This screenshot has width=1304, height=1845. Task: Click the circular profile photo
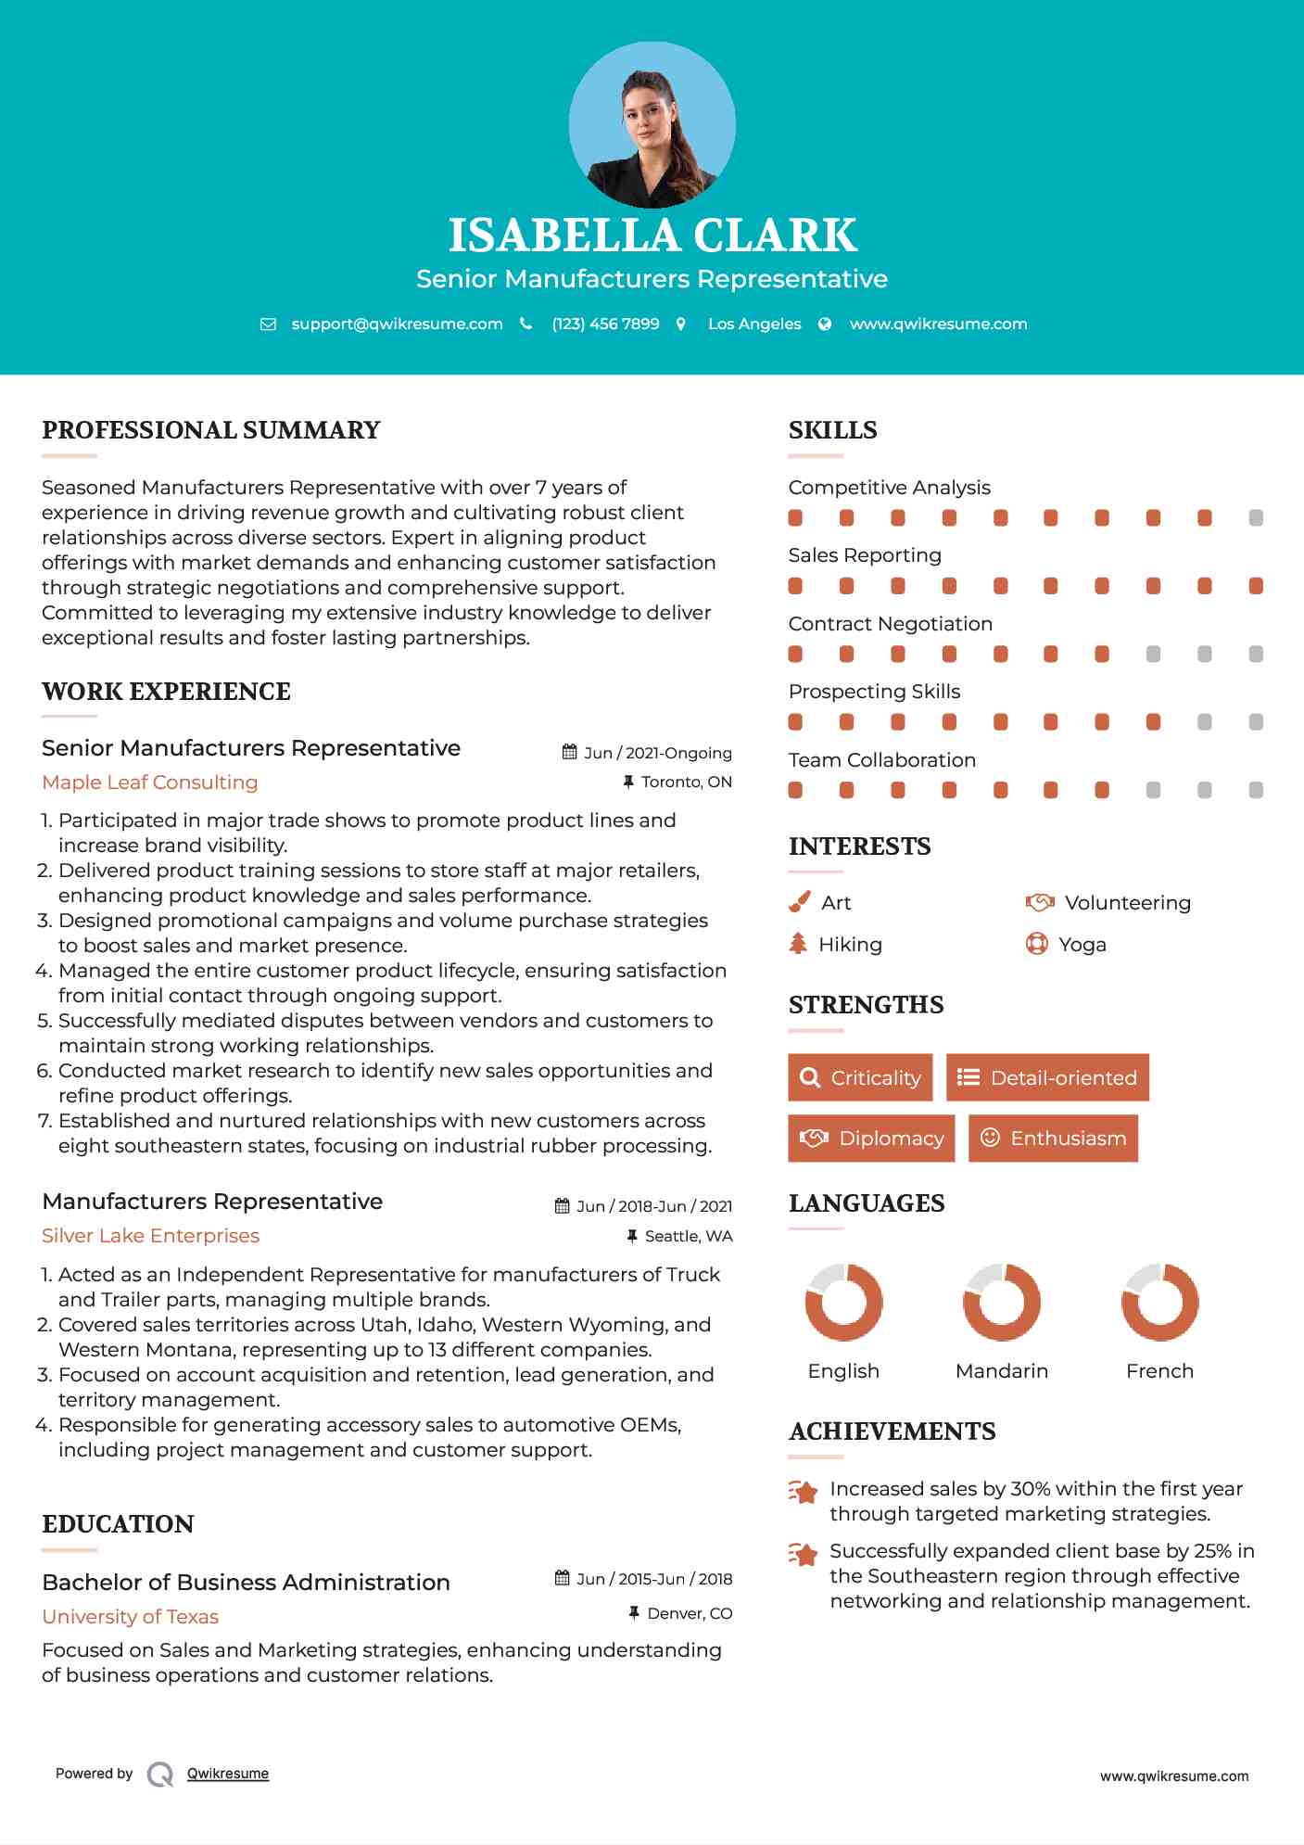652,124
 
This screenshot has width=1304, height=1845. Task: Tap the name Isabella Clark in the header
652,235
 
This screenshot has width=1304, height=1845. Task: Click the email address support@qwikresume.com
397,324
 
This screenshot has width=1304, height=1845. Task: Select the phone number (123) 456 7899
605,324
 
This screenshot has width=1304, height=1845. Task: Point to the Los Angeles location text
754,324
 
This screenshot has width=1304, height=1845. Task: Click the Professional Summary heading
211,430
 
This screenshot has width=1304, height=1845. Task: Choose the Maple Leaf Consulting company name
150,783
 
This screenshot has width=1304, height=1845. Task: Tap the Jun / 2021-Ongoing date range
657,753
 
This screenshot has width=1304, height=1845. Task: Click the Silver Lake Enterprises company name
150,1236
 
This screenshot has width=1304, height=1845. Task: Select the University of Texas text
131,1617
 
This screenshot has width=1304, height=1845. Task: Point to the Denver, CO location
690,1613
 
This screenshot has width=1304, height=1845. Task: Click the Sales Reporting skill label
865,555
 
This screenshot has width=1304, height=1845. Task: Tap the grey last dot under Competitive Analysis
1256,518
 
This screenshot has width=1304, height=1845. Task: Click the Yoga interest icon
1036,944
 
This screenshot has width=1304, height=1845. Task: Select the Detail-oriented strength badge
1047,1077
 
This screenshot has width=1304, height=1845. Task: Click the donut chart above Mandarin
1002,1302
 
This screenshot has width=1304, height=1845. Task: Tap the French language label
1159,1371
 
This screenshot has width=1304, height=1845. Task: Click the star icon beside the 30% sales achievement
804,1492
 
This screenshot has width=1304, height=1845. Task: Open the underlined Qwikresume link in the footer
228,1774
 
